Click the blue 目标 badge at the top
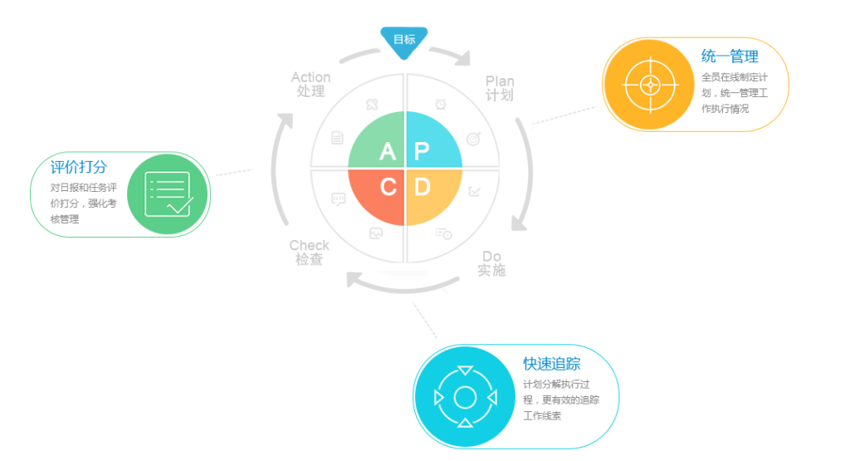pos(404,42)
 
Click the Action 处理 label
pos(310,84)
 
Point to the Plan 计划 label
pos(499,88)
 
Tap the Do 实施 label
pos(491,263)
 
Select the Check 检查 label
pos(309,253)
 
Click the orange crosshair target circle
pos(649,85)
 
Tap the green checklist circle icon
pos(168,194)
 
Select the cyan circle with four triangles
pos(465,397)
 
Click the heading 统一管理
pos(730,56)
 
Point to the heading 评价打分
pos(79,167)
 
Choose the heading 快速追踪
pos(552,363)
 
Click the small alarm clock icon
pos(441,104)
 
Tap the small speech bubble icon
pos(339,199)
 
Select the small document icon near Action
pos(337,138)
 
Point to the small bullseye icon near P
pos(474,139)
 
